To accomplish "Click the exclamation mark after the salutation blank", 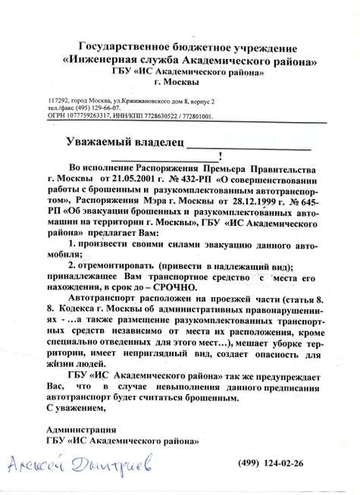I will [x=220, y=158].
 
